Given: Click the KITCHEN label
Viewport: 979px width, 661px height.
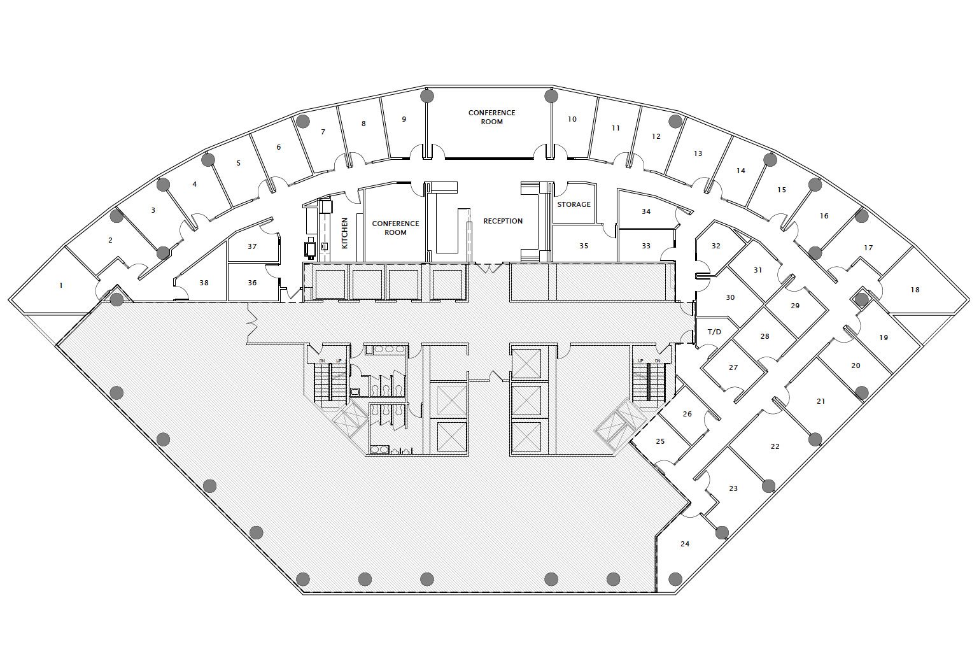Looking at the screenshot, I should pos(344,233).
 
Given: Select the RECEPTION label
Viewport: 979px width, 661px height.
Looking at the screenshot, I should pos(503,221).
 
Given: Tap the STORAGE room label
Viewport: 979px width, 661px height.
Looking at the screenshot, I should pos(574,204).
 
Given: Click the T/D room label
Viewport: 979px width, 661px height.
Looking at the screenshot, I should pos(715,332).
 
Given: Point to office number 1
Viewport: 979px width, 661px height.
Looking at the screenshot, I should pos(61,285).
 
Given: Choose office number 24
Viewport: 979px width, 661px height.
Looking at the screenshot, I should pos(685,544).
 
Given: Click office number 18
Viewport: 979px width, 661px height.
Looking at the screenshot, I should pos(915,290).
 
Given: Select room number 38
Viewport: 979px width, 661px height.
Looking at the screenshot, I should pos(204,283).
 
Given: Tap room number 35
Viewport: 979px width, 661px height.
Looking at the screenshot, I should pos(584,246).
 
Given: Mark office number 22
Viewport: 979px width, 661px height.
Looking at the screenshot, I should pos(775,446).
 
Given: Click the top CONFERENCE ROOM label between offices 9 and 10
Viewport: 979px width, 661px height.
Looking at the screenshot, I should pos(491,117).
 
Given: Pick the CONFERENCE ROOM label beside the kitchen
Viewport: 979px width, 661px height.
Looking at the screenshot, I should pos(395,228).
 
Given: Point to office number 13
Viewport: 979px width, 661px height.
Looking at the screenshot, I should pos(698,153).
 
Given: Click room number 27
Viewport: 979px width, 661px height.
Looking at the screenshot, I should pos(733,367).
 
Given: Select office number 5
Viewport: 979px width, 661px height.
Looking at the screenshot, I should pos(239,163).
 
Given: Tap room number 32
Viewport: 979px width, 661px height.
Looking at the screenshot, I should pos(715,246).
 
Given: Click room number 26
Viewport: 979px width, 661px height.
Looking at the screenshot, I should pos(687,414).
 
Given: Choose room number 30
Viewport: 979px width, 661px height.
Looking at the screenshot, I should pos(730,297).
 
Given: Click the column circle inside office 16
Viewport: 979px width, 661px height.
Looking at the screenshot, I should pos(815,185).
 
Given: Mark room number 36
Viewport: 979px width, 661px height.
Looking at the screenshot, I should pos(252,283).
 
